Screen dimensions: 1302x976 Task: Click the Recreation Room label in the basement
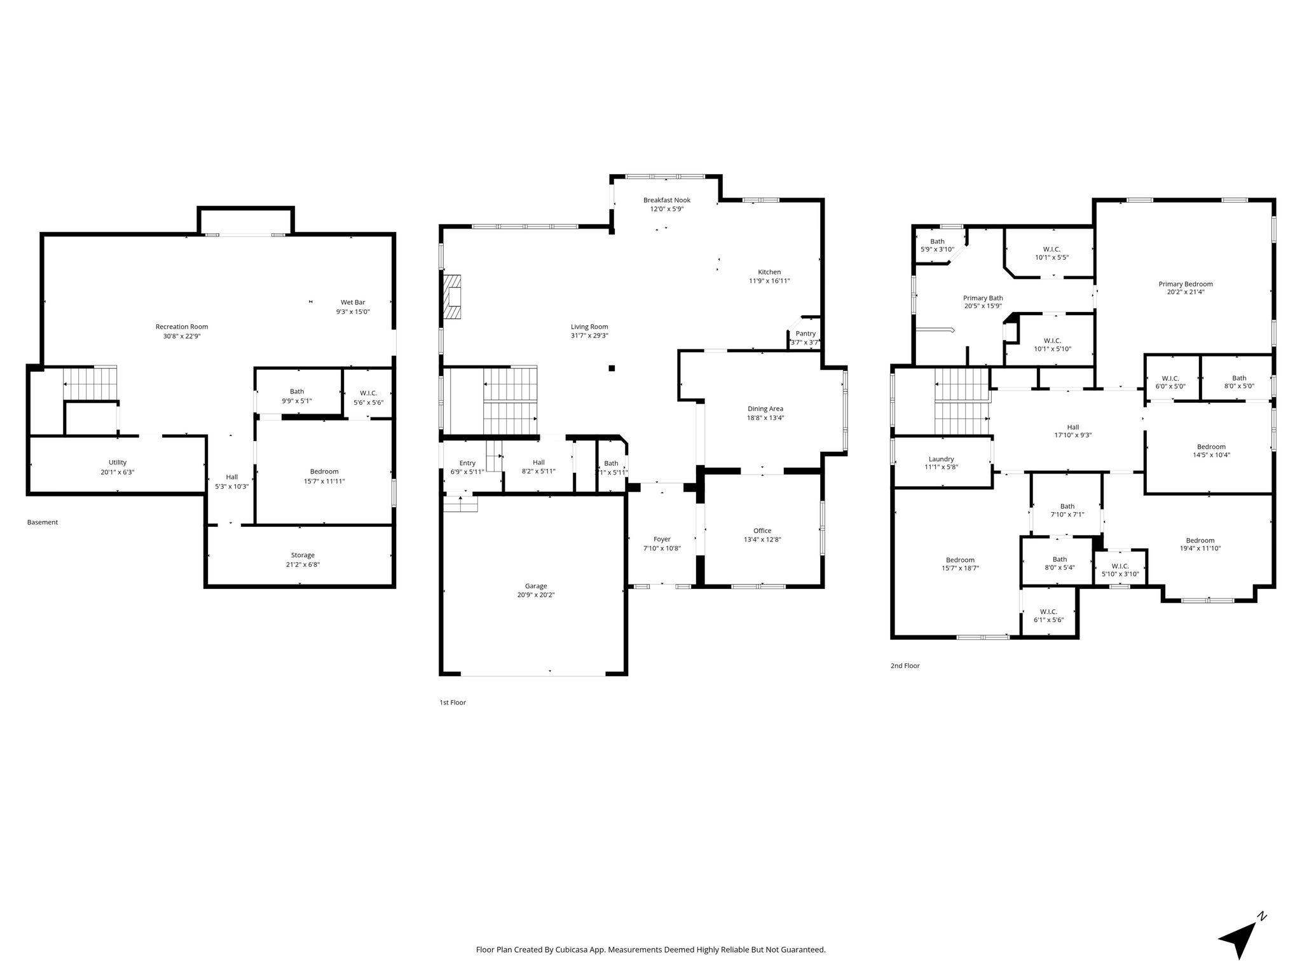tap(182, 327)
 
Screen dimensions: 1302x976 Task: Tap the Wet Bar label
tap(353, 302)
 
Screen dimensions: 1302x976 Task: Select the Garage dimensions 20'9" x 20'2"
tap(536, 595)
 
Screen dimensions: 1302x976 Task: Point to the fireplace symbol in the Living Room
tap(452, 296)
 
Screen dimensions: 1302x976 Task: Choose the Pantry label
tap(805, 334)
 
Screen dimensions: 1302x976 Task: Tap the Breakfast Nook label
tap(666, 200)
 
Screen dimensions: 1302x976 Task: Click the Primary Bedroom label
tap(1186, 284)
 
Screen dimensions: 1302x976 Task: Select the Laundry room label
tap(941, 459)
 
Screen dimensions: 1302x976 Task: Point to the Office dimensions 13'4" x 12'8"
tap(762, 540)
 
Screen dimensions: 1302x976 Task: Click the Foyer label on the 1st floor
tap(662, 539)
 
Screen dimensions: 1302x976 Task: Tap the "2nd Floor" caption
tap(905, 666)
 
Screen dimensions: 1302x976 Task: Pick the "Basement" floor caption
tap(43, 522)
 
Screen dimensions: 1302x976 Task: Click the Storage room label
tap(303, 555)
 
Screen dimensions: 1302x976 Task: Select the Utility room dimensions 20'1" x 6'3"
tap(118, 472)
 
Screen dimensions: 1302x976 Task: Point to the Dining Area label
tap(765, 409)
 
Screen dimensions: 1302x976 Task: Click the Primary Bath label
tap(983, 298)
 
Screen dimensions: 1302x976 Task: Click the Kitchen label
tap(769, 272)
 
